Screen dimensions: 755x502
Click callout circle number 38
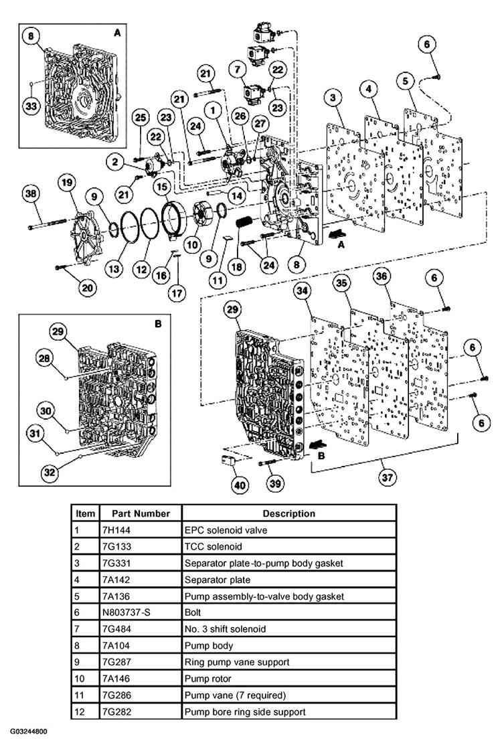coord(30,193)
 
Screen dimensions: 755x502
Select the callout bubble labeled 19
coord(66,183)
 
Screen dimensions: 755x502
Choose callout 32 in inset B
coord(49,473)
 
